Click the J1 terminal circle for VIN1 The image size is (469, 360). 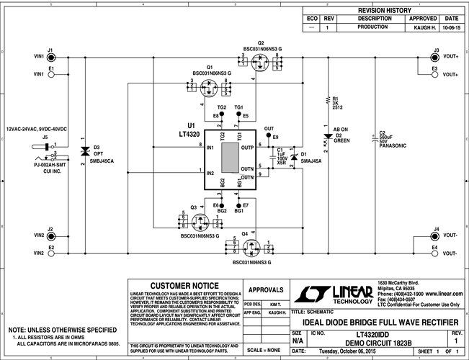point(51,55)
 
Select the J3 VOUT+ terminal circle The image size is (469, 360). point(434,55)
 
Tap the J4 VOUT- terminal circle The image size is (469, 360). point(434,235)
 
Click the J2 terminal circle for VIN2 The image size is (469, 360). point(51,235)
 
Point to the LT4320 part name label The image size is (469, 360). point(189,133)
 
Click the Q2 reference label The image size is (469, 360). point(261,42)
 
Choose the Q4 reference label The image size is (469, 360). point(246,234)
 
